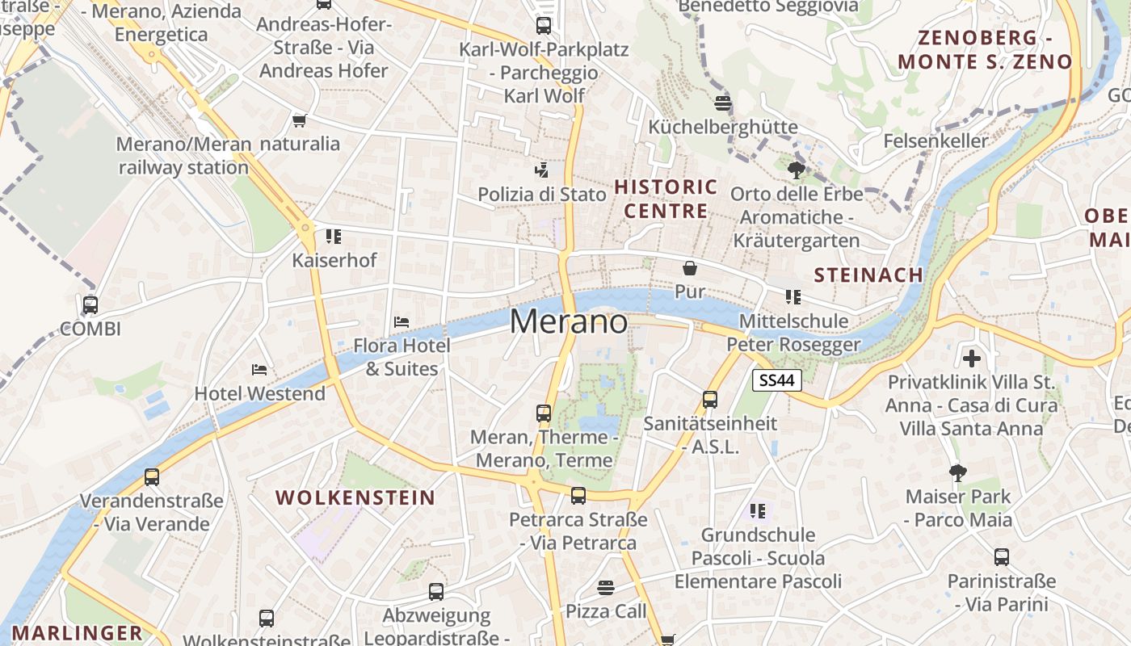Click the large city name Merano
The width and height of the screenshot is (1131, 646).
(568, 322)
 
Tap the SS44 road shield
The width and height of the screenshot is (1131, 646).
(776, 380)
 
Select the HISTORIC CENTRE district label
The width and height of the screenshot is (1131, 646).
(666, 199)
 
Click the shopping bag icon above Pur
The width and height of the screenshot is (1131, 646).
(690, 268)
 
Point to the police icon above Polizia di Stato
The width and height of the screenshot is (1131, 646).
(542, 170)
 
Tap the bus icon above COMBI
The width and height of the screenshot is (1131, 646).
(90, 305)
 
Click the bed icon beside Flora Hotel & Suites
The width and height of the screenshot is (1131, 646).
(402, 321)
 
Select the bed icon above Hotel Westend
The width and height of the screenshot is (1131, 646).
(259, 370)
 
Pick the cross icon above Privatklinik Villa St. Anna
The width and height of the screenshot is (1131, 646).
(972, 358)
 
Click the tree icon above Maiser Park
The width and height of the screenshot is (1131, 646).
(958, 472)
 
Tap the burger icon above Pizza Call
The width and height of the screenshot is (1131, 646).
(606, 587)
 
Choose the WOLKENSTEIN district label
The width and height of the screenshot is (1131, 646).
(355, 497)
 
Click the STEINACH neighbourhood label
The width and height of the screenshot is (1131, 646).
(868, 275)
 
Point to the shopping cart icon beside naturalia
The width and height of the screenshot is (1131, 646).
(300, 120)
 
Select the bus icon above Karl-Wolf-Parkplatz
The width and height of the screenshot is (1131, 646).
(544, 26)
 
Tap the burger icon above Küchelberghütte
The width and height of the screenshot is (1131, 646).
(723, 103)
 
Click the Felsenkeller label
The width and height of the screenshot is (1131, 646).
(935, 141)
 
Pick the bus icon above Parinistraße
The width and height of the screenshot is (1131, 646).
(1002, 556)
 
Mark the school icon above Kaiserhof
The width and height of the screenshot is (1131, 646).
(333, 237)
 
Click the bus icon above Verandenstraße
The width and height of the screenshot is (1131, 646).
(152, 476)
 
